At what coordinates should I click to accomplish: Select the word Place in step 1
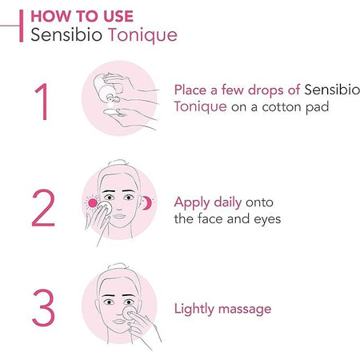tap(191, 88)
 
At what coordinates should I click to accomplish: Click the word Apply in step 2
tap(192, 202)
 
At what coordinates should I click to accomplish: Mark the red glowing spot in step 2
tap(92, 204)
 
